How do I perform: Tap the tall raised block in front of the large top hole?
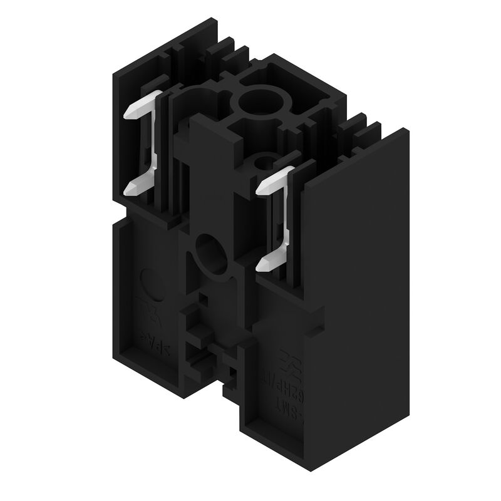coord(204,157)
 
